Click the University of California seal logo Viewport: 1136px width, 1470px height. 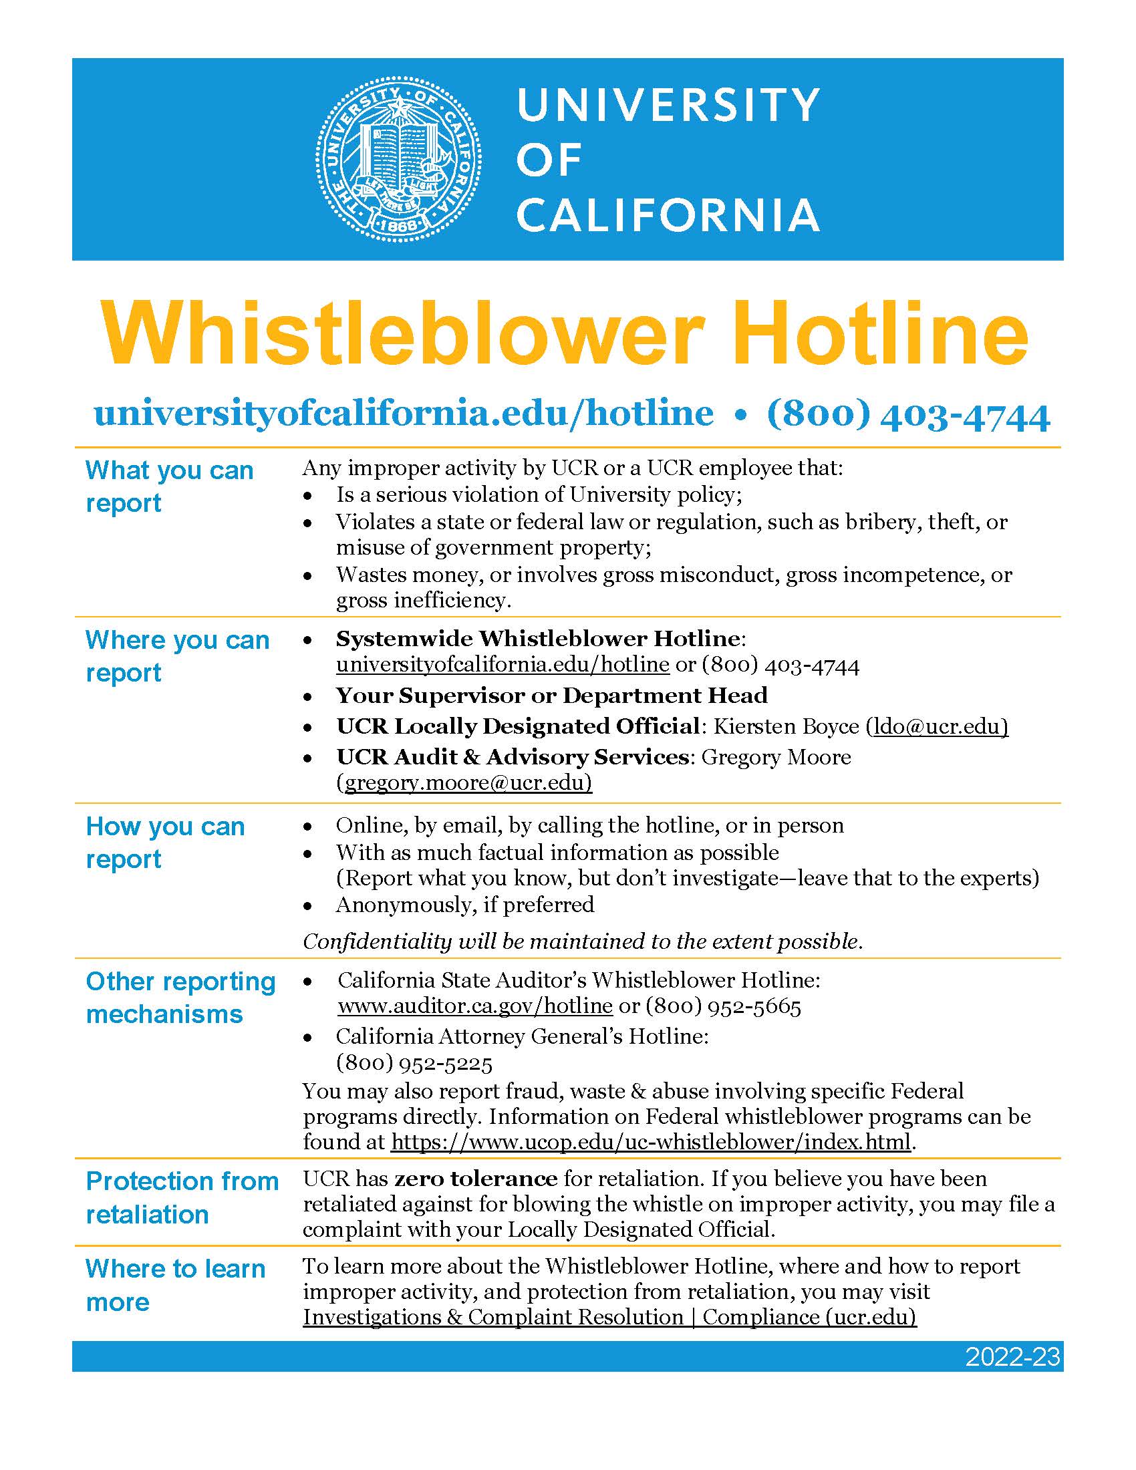[398, 160]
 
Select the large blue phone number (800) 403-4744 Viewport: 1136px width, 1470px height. [908, 415]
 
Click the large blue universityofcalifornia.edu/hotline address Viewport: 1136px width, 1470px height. [404, 413]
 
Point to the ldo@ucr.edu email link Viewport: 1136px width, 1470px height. [937, 726]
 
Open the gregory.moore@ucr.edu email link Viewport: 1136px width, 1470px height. [464, 782]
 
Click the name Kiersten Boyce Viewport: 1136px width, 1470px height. [785, 726]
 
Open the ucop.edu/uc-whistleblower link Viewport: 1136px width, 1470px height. [651, 1141]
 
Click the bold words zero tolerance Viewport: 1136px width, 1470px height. [475, 1179]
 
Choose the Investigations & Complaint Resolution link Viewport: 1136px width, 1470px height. [609, 1317]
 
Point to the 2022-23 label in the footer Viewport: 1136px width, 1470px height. [1012, 1357]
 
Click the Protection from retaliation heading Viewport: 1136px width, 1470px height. [182, 1197]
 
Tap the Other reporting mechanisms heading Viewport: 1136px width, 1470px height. [180, 998]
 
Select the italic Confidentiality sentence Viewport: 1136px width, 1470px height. [582, 941]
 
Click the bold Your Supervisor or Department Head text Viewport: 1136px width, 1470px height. [552, 696]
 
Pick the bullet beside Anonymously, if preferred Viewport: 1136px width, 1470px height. [307, 906]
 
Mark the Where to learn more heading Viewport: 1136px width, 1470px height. [175, 1286]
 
